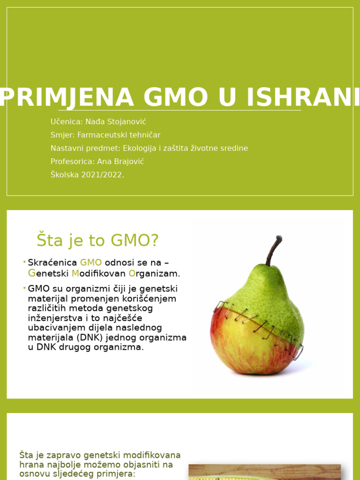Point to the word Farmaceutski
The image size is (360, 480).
pos(100,135)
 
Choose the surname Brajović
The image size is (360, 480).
pos(127,161)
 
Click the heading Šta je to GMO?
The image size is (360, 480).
pos(97,240)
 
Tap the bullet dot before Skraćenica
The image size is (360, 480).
pos(24,262)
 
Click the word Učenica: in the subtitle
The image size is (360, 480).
pos(66,122)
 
